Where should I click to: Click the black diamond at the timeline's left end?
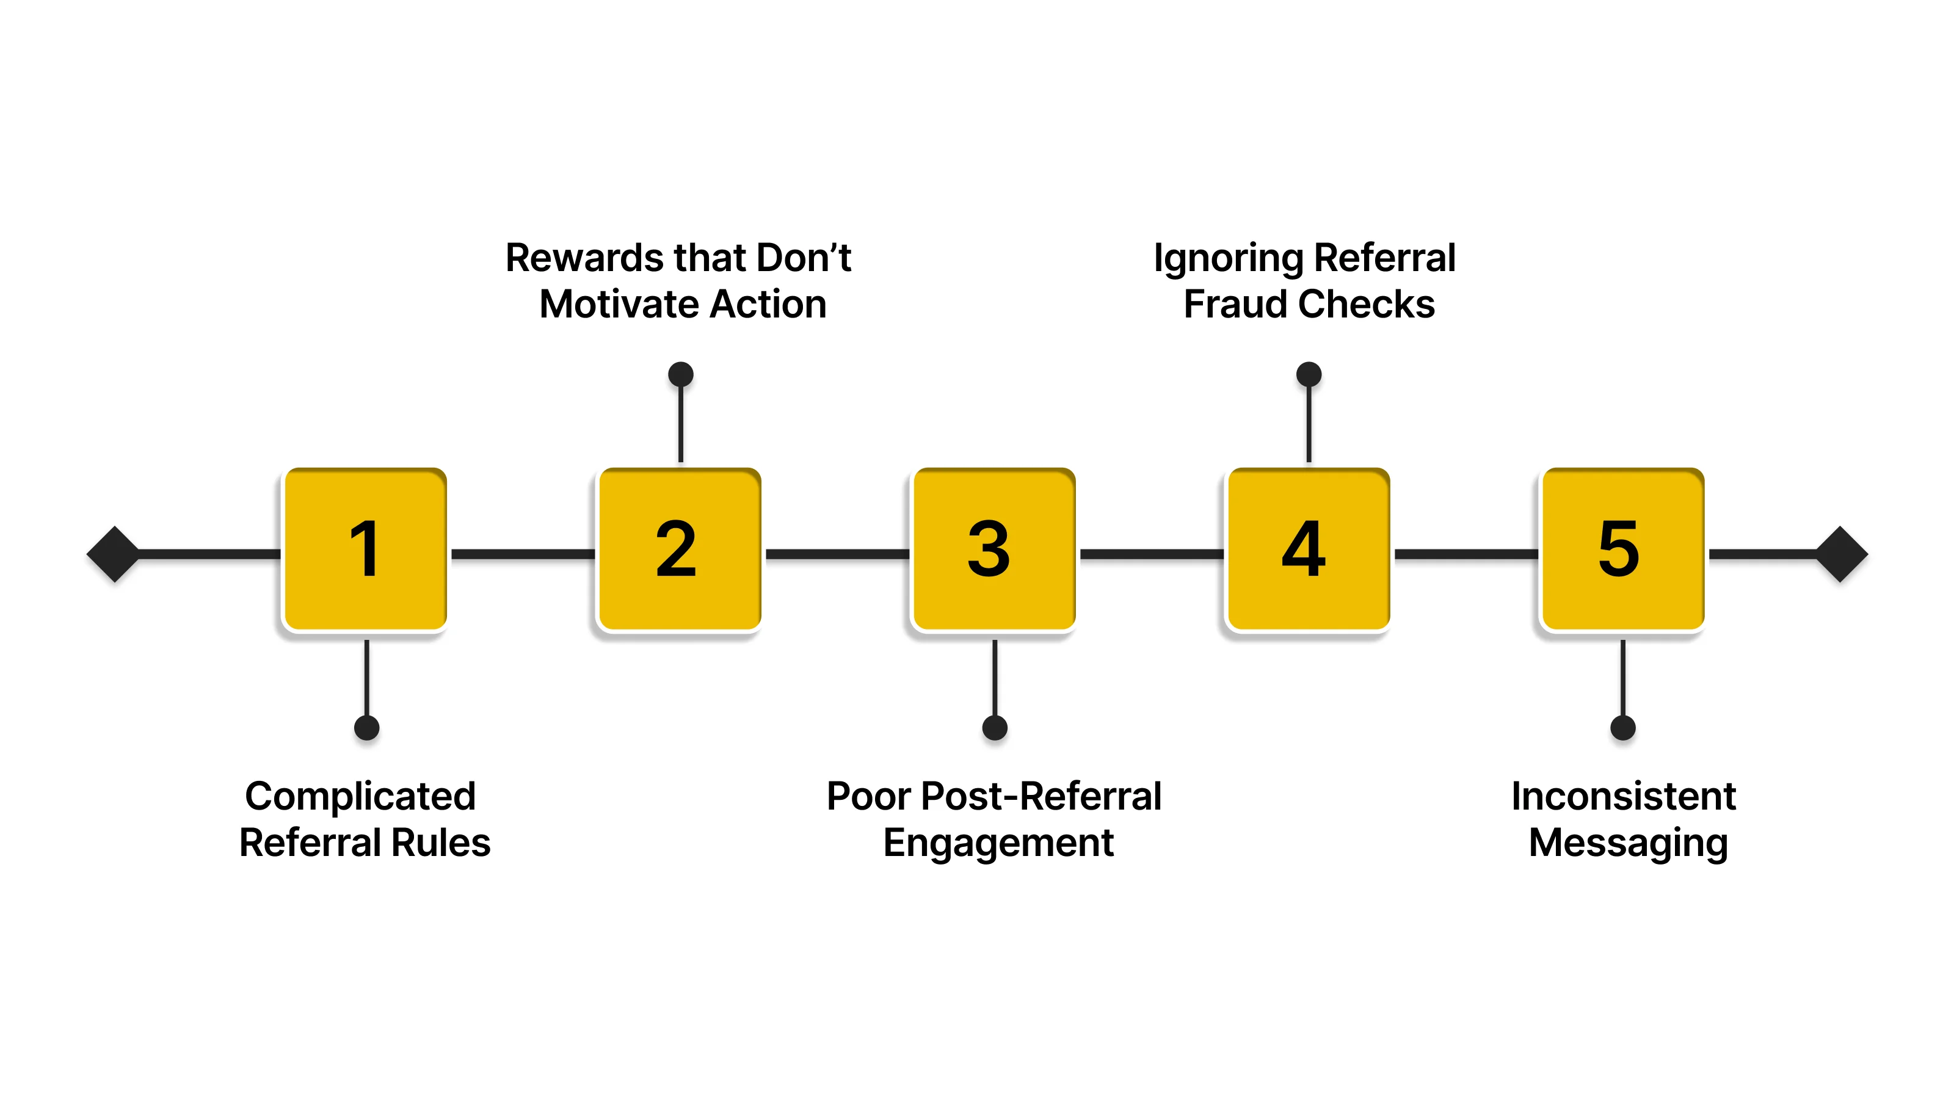[x=114, y=554]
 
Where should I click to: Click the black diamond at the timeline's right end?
[x=1841, y=554]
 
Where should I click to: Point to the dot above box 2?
[x=680, y=374]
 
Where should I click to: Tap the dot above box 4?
[x=1309, y=374]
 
